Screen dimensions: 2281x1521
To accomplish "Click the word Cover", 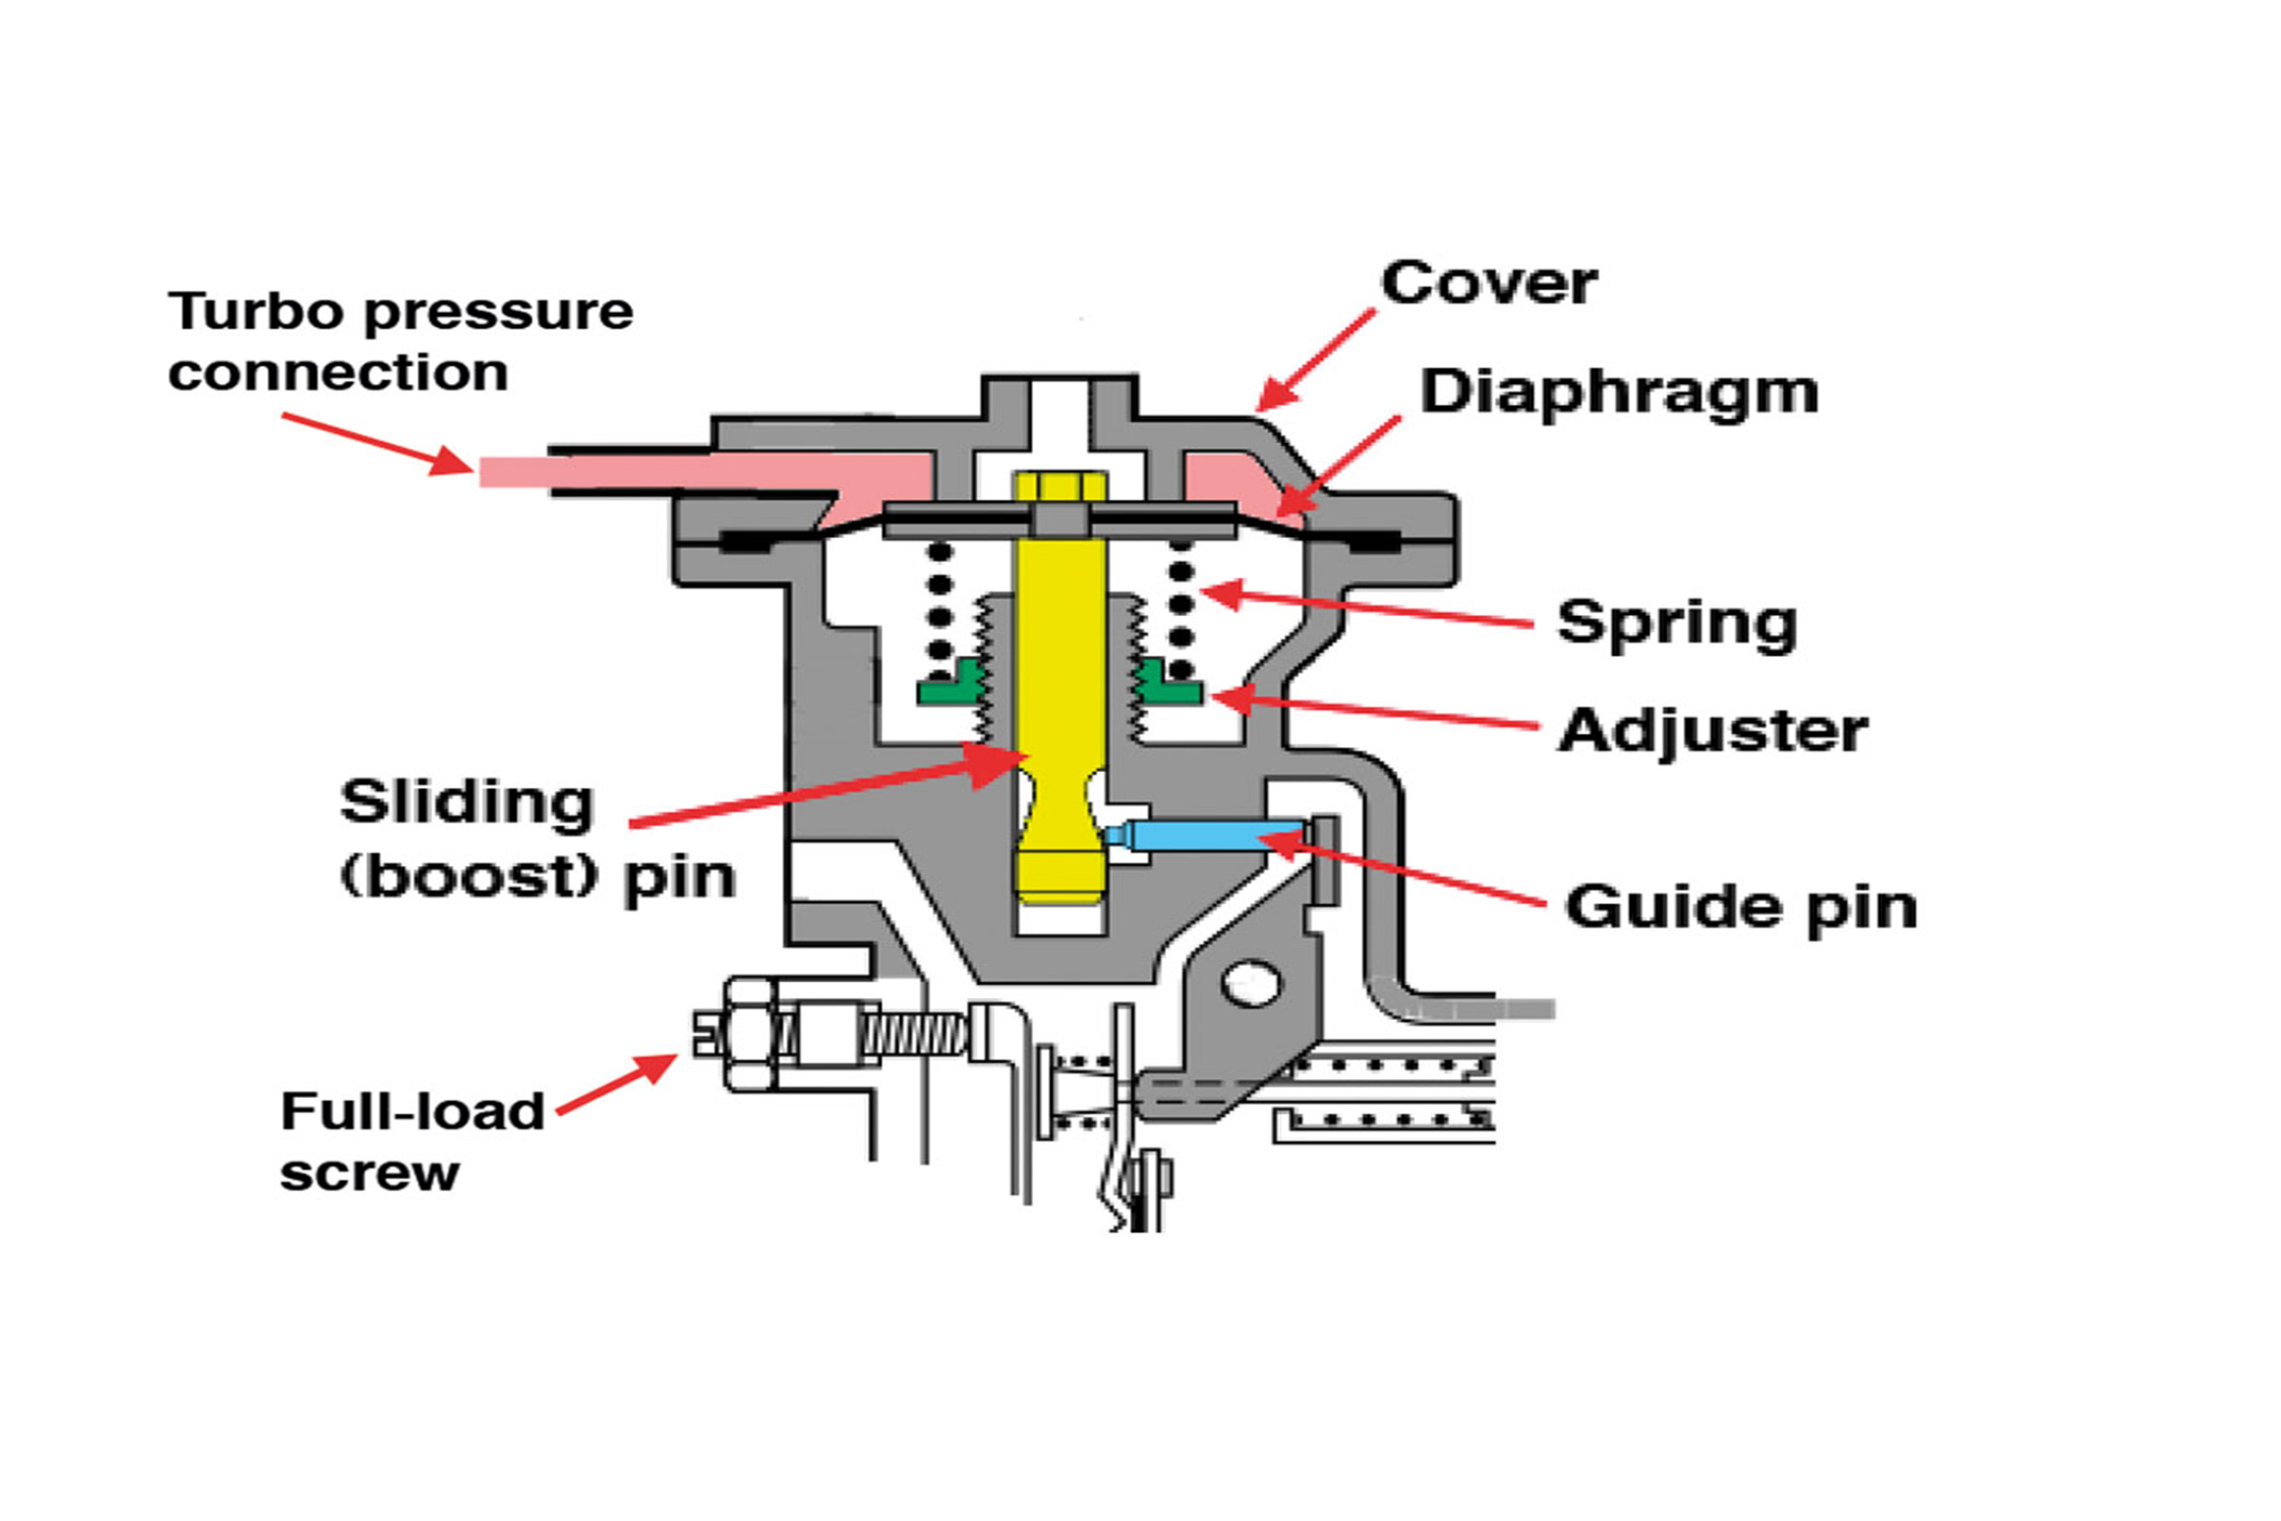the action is click(x=1488, y=283).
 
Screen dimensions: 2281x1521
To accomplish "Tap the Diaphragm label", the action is click(x=1619, y=394).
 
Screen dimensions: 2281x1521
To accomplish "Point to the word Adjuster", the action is click(x=1713, y=730).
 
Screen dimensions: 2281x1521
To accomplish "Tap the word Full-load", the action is click(x=412, y=1110).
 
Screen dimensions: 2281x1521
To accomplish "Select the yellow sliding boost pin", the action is click(x=1060, y=687).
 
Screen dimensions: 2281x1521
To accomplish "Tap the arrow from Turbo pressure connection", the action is click(x=378, y=444).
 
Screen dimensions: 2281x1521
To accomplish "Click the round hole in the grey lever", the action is click(x=1252, y=984).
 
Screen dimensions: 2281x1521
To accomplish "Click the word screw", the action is click(x=370, y=1175).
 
